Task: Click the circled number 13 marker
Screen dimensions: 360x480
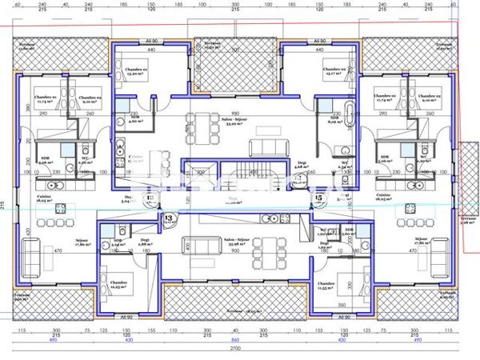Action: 169,216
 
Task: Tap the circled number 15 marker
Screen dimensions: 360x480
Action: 318,196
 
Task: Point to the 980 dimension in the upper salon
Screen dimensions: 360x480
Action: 235,113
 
